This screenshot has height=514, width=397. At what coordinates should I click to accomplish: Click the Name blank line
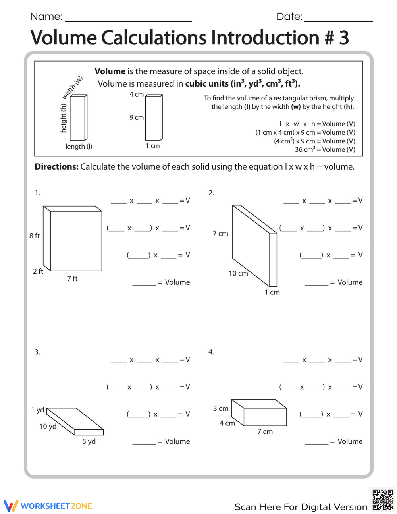(x=128, y=21)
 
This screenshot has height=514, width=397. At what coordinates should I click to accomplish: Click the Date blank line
(x=338, y=21)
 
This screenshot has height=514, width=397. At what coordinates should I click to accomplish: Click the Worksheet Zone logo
(x=48, y=506)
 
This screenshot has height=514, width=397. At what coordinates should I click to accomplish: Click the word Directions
(x=56, y=167)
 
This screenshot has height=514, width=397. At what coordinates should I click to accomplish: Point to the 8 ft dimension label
(x=35, y=236)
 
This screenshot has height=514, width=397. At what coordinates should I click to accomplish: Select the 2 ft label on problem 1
(x=38, y=271)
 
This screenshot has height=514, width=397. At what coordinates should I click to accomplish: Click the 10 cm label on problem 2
(x=238, y=273)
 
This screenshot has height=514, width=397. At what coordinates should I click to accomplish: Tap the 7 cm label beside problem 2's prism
(x=220, y=234)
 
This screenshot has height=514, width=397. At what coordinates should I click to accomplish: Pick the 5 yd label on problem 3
(x=89, y=441)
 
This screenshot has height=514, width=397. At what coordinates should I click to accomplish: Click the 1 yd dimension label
(x=38, y=410)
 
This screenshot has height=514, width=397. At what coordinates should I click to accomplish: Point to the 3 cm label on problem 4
(x=221, y=408)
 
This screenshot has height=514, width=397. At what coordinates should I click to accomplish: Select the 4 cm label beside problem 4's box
(x=227, y=423)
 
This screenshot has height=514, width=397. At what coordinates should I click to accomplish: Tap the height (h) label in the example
(x=63, y=118)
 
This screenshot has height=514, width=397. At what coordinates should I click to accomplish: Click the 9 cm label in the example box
(x=137, y=118)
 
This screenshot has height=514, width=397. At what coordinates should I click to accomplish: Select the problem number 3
(x=37, y=352)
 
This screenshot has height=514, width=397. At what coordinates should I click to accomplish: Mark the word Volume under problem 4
(x=350, y=441)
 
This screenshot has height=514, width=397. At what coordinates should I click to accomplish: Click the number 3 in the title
(x=343, y=38)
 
